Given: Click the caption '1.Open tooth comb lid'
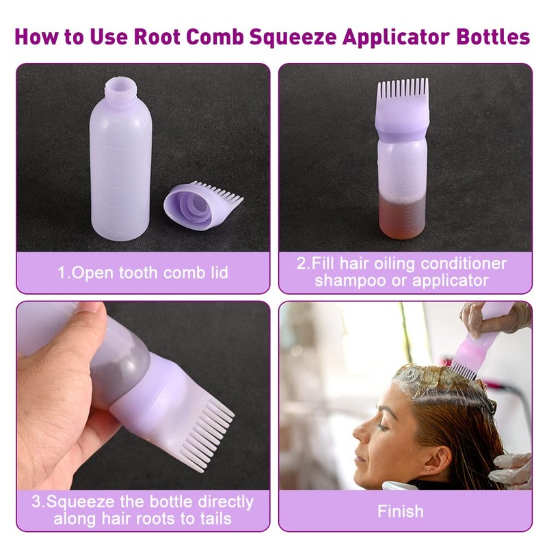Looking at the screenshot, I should pos(143,273).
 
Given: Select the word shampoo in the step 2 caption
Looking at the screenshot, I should pos(350,280).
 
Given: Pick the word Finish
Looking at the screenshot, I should pos(400,511).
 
